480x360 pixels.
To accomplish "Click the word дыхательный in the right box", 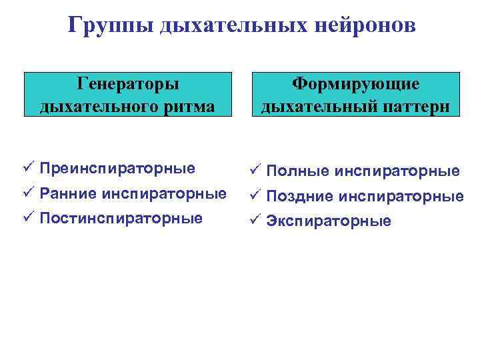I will [309, 106].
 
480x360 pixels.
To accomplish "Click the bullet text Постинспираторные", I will [121, 218].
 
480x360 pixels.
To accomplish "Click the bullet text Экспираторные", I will [329, 221].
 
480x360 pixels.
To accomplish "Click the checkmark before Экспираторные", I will [256, 220].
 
